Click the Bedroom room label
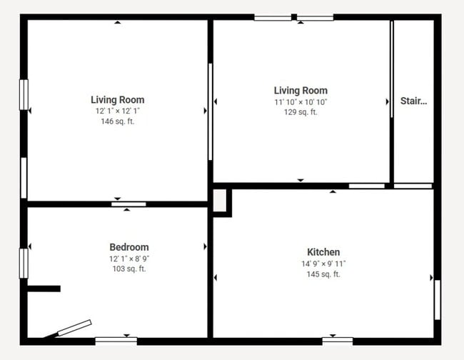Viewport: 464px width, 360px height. coord(128,247)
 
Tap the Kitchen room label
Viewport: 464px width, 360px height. coord(323,252)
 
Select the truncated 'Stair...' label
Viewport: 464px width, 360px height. coord(413,101)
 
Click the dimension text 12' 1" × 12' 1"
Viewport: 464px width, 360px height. coord(118,111)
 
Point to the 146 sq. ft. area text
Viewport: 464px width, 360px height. coord(118,122)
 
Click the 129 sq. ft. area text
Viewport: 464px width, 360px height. coord(301,112)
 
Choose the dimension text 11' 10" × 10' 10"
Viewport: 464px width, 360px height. coord(301,102)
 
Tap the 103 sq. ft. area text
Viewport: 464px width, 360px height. coord(128,269)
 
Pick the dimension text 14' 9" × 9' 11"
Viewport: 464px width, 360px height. coord(323,264)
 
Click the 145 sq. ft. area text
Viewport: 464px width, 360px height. coord(323,274)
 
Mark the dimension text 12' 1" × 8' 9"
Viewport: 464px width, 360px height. coord(128,259)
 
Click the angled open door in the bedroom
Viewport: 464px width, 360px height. coord(74,328)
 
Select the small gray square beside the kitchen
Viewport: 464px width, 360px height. coord(220,200)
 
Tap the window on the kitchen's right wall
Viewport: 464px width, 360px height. coord(437,299)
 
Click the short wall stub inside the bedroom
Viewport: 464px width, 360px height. coord(44,289)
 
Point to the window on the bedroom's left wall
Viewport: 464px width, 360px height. coord(23,262)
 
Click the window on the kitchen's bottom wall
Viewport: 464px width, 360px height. coord(337,339)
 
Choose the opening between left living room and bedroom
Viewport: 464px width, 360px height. coord(128,204)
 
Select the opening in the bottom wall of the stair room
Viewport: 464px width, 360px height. coord(413,186)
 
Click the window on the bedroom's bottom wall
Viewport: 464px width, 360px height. coord(116,339)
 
